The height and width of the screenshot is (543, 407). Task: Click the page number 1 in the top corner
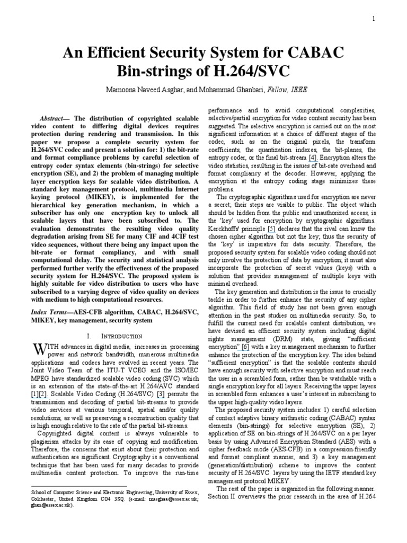point(374,19)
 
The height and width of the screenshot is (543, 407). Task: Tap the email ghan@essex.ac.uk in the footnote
point(52,505)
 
